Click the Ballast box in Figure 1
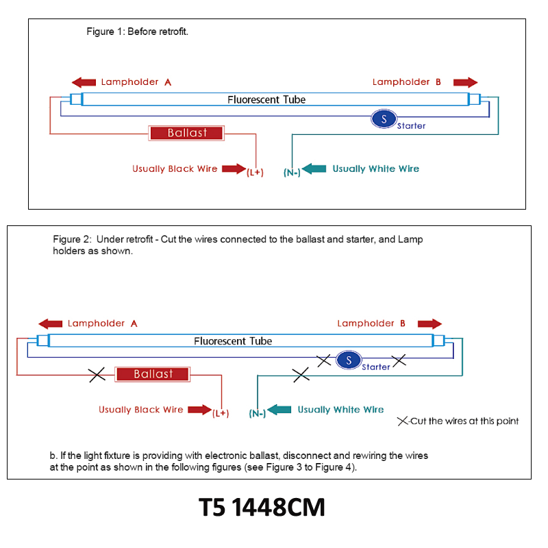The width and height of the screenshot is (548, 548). [x=186, y=133]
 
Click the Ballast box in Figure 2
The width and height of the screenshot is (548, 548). [x=152, y=374]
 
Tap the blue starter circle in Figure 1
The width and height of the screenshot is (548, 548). [x=384, y=119]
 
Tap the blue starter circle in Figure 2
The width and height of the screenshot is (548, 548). [x=349, y=360]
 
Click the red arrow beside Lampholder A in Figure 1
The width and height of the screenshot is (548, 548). [x=84, y=82]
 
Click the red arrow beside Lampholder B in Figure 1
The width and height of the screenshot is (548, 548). [x=466, y=82]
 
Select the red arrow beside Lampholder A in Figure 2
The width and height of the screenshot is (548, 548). [x=50, y=323]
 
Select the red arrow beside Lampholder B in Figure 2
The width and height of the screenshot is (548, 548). [x=430, y=323]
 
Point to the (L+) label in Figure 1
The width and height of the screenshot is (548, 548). [x=255, y=173]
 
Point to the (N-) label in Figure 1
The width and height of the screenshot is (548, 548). [x=292, y=173]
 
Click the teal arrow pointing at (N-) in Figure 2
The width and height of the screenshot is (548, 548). [x=279, y=410]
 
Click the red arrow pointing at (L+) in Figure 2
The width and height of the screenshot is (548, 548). [x=199, y=410]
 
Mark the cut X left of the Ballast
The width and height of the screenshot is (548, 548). [x=97, y=375]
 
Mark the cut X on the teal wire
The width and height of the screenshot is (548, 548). [x=301, y=375]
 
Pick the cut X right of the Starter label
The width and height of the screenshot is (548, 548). [x=399, y=360]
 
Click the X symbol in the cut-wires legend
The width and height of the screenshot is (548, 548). [x=403, y=421]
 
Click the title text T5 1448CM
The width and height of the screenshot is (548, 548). [x=262, y=507]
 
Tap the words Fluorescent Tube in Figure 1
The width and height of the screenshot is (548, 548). [x=266, y=99]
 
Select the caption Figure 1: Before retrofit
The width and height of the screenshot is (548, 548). [x=138, y=32]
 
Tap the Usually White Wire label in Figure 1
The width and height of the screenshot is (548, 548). [x=375, y=169]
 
